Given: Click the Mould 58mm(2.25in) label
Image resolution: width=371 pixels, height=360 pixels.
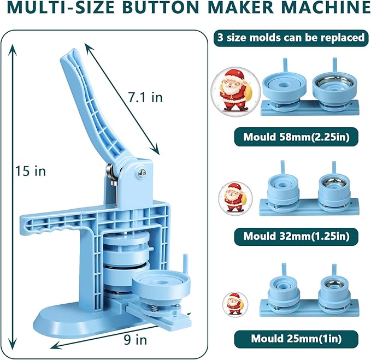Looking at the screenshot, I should (291, 137).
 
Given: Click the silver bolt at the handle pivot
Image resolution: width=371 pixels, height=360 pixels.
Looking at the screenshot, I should (143, 173).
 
